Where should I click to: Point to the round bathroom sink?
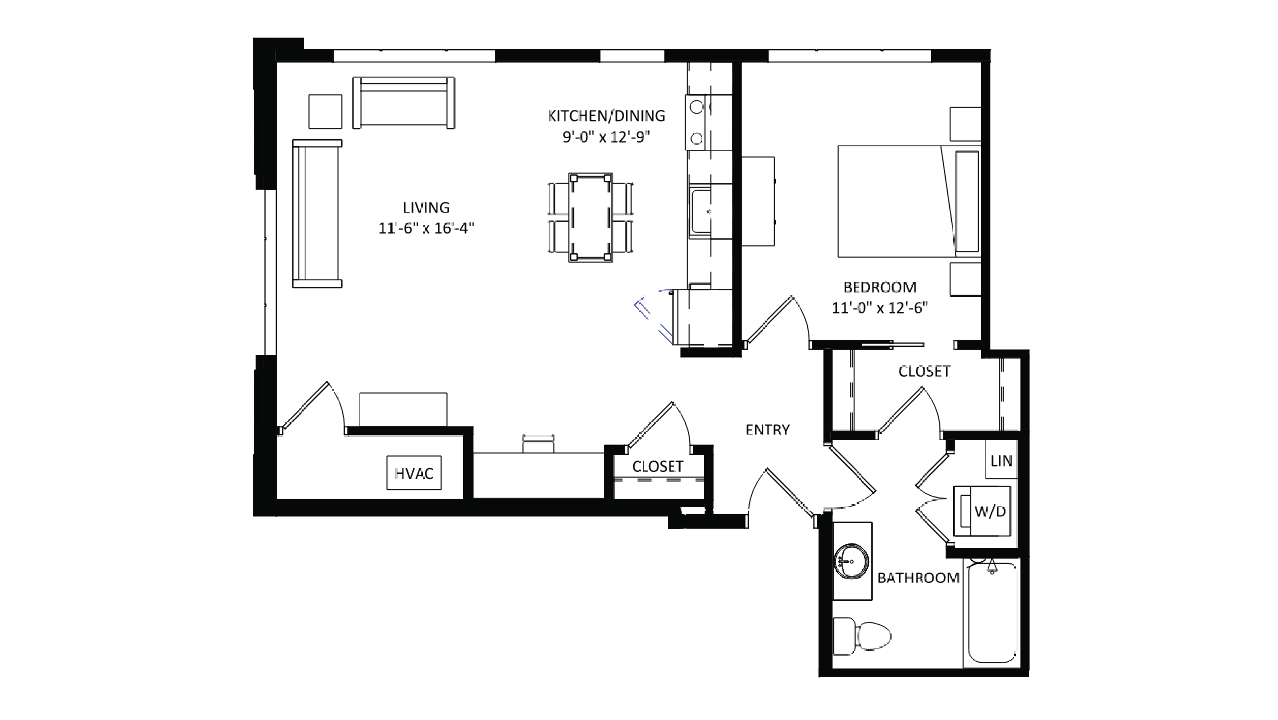click(x=852, y=561)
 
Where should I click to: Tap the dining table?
click(x=590, y=217)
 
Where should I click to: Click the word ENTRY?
click(x=767, y=430)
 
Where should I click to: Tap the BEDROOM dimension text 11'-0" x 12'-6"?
click(x=880, y=308)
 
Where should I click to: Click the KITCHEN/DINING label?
click(x=606, y=116)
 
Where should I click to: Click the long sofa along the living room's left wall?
click(x=317, y=213)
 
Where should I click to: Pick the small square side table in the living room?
click(x=325, y=112)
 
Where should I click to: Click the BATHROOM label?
click(x=918, y=578)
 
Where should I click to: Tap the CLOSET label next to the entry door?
click(x=657, y=467)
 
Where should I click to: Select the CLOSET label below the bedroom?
click(x=924, y=372)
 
